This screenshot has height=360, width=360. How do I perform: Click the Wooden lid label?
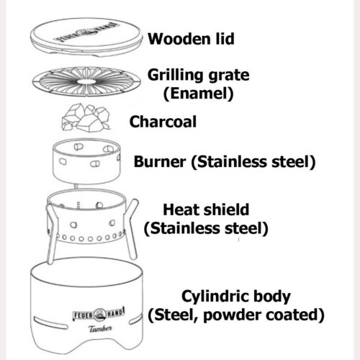click(x=191, y=39)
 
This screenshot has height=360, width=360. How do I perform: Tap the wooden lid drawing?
click(x=86, y=37)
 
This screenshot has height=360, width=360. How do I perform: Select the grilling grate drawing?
click(x=86, y=81)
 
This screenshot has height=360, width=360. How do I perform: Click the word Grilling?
click(x=176, y=76)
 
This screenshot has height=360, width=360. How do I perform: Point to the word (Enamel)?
click(x=198, y=94)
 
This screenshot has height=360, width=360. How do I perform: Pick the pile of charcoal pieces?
click(x=86, y=117)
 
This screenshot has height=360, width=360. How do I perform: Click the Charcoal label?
click(x=163, y=122)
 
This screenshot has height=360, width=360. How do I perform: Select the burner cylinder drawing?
click(x=86, y=161)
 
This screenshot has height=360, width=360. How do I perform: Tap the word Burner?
click(x=160, y=161)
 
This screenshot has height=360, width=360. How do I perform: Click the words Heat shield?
click(x=206, y=210)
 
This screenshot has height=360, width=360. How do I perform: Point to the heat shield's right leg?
click(x=131, y=229)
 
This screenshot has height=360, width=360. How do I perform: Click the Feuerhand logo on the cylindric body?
click(x=99, y=315)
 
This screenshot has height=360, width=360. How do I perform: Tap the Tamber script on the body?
click(x=100, y=328)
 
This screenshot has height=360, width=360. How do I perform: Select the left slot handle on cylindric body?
click(x=50, y=323)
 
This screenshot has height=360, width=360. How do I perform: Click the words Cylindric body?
click(x=236, y=297)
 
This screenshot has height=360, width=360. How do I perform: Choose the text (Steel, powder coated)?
click(x=236, y=315)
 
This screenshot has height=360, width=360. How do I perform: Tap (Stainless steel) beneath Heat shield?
click(x=206, y=228)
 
